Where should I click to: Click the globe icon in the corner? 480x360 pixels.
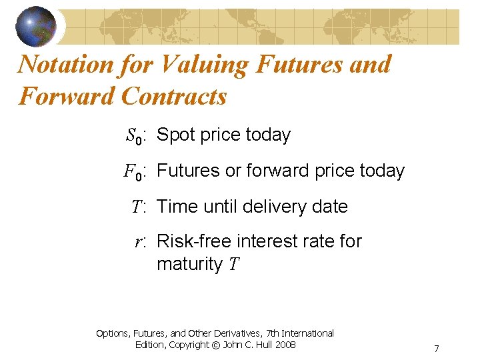click(35, 25)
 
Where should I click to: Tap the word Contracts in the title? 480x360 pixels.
click(174, 97)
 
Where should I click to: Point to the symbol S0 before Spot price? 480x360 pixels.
click(134, 136)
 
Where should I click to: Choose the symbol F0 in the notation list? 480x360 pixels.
click(133, 172)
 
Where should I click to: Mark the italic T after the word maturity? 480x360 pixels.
click(233, 265)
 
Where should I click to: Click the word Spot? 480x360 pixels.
click(175, 135)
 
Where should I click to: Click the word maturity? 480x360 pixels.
click(189, 265)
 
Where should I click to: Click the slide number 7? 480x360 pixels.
click(436, 349)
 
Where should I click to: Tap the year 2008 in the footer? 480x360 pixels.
click(285, 345)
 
